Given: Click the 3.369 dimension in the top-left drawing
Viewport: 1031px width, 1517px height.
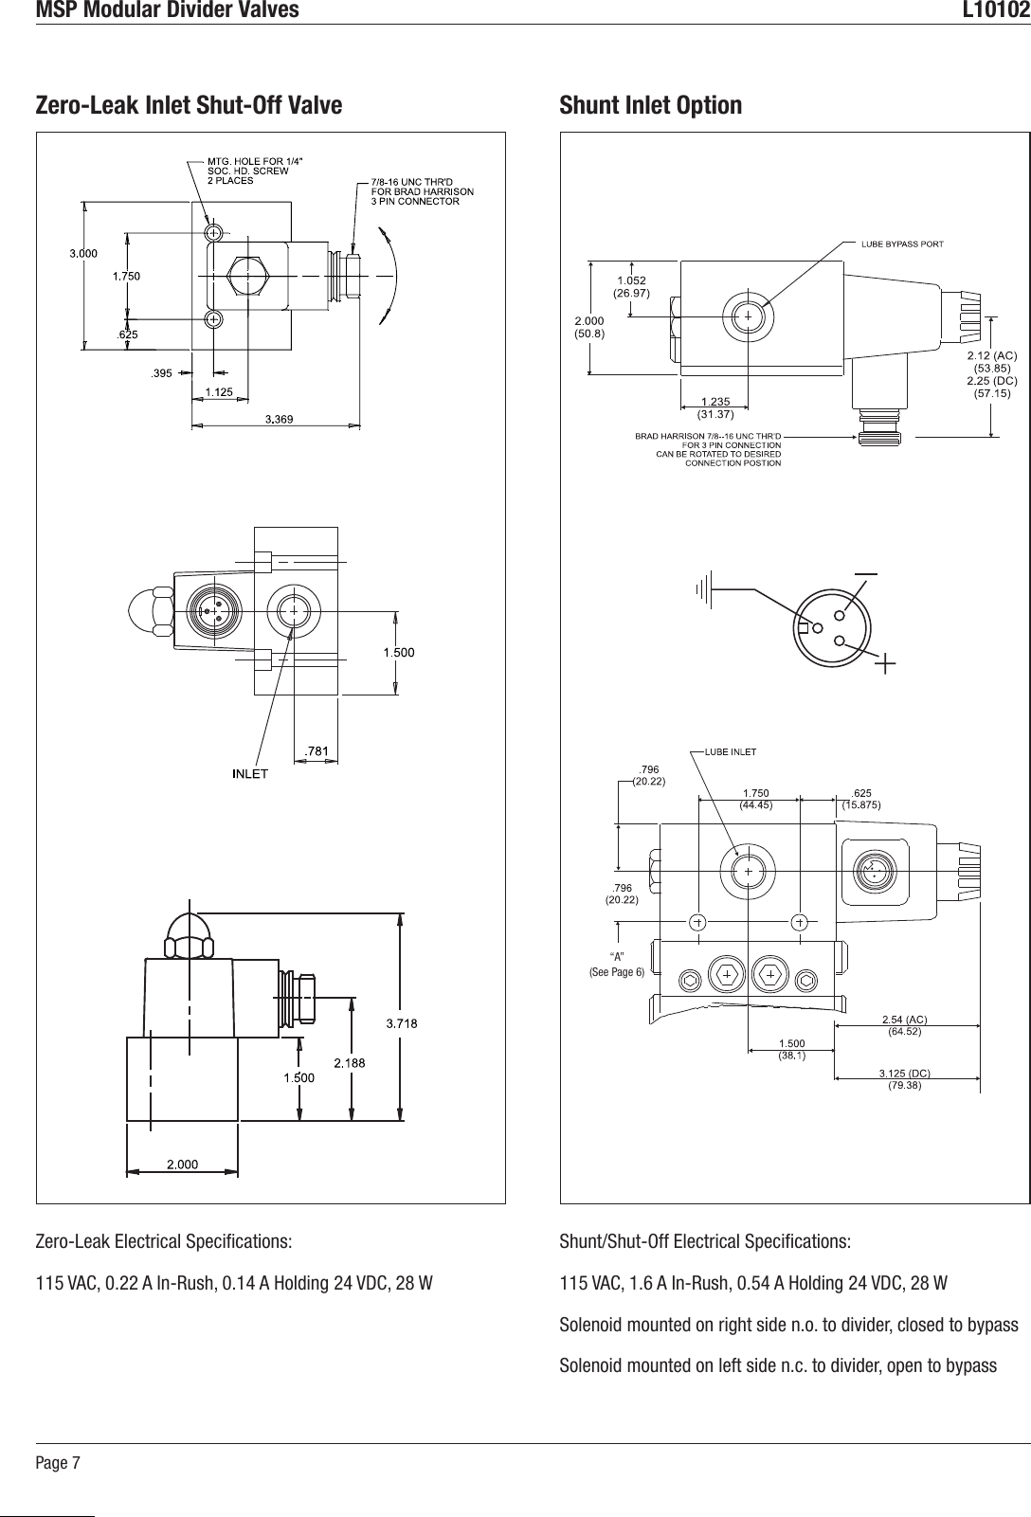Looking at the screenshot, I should pos(278,418).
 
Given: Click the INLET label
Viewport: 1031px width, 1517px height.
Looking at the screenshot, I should pos(251,774).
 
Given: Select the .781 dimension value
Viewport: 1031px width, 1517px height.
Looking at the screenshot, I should pos(316,751).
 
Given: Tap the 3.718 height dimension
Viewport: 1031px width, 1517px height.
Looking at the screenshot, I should pos(402,1022).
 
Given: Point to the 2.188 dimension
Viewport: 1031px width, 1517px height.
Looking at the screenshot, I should pos(349,1063).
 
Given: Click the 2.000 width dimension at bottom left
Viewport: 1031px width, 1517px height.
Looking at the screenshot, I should pos(183,1165).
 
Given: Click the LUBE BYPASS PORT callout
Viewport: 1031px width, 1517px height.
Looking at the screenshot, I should pos(901,244).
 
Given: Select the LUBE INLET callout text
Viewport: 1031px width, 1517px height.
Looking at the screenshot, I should pos(729,752).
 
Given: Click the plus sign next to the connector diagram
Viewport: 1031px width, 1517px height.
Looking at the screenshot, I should pos(886,665).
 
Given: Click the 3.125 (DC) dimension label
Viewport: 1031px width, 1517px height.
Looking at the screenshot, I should pos(904,1079).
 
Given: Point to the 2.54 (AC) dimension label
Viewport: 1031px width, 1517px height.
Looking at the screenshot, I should pos(904,1025).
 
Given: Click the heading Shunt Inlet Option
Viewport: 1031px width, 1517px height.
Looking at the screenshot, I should pos(651,104).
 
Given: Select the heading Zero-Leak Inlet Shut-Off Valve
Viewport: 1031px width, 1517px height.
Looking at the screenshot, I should pos(189,104).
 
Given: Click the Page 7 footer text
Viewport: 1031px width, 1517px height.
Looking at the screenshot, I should pos(58,1463).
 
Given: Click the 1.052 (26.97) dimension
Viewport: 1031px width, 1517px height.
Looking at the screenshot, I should pos(630,286).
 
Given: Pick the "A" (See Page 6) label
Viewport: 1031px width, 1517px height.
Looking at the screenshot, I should pos(617,964).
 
